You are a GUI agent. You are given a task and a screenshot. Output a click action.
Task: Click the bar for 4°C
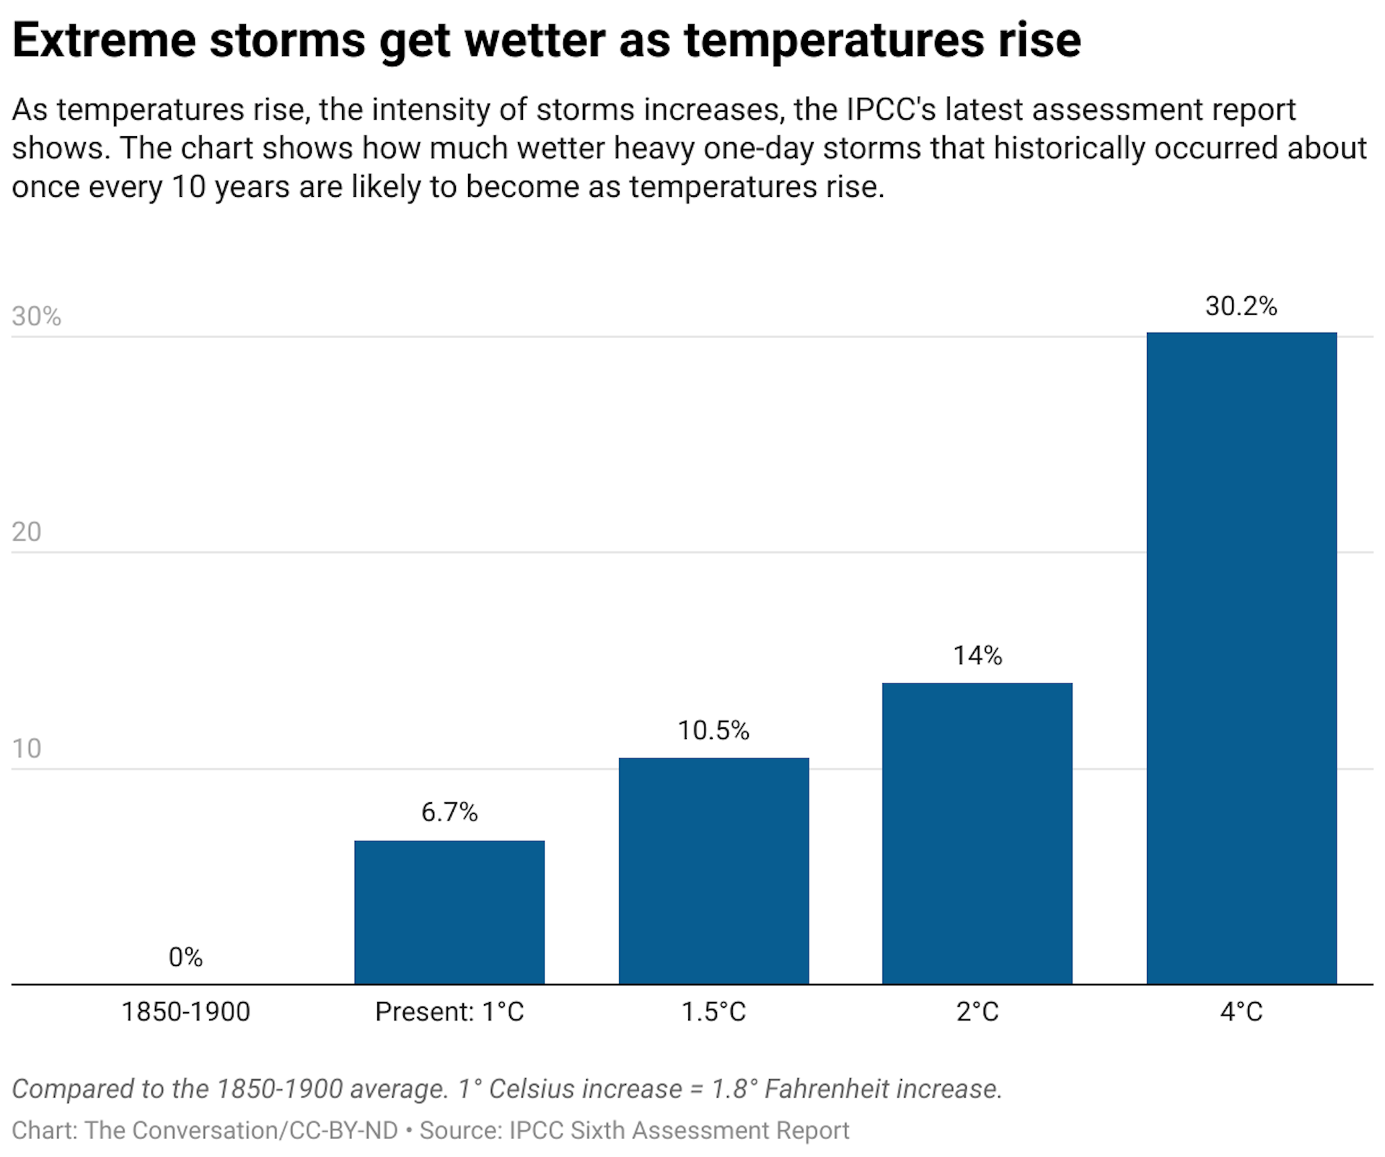[x=1241, y=657]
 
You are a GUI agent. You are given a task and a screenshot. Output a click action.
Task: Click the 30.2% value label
[x=1241, y=306]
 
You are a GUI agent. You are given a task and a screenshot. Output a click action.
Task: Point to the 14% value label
[x=977, y=655]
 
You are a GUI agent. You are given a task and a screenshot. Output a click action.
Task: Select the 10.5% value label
[x=713, y=730]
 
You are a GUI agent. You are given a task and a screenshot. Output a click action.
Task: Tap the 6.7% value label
[x=449, y=812]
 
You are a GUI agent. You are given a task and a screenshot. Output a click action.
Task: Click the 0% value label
[x=185, y=957]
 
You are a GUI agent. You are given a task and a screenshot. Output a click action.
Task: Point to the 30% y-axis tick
[x=36, y=316]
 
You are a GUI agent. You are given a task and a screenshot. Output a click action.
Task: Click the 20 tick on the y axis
[x=27, y=532]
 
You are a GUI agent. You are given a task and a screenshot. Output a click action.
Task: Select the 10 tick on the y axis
[x=27, y=748]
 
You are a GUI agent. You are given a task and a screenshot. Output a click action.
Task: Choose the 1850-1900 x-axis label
[x=185, y=1011]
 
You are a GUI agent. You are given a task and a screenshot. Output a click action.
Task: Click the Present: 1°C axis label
[x=449, y=1011]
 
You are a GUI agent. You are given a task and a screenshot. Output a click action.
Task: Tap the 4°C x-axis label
[x=1241, y=1011]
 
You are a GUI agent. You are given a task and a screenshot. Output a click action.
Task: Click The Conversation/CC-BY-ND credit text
[x=241, y=1130]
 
